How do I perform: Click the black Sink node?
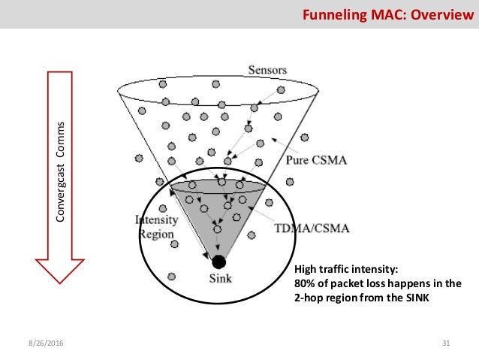pyautogui.click(x=218, y=262)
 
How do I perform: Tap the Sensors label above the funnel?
pyautogui.click(x=267, y=70)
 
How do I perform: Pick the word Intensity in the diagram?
pyautogui.click(x=156, y=220)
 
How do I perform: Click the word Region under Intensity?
pyautogui.click(x=156, y=234)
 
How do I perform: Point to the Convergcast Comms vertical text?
pyautogui.click(x=64, y=171)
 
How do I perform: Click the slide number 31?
pyautogui.click(x=445, y=343)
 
